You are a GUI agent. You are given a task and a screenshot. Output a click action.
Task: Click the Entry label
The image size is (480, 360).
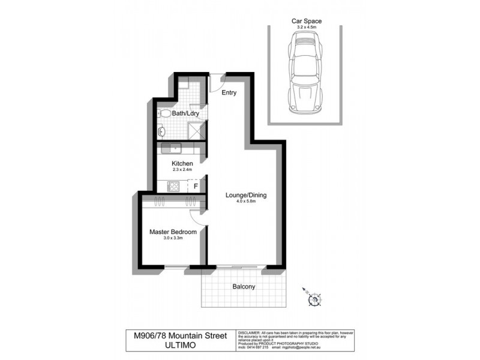click(229, 93)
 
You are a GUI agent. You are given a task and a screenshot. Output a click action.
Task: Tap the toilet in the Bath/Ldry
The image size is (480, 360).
click(164, 113)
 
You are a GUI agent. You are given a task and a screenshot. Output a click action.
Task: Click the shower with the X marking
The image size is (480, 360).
click(196, 131)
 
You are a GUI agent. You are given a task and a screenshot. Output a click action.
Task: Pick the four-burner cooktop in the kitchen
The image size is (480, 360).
click(173, 187)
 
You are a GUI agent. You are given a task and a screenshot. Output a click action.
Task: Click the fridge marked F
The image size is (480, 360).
click(196, 187)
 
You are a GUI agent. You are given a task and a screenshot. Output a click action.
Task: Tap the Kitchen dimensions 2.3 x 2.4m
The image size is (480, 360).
click(182, 170)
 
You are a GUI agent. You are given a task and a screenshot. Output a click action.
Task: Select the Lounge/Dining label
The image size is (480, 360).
click(245, 195)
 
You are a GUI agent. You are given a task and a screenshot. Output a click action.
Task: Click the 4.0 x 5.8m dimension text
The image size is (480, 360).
click(245, 202)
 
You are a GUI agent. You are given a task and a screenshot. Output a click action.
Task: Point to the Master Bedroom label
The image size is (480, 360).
click(173, 232)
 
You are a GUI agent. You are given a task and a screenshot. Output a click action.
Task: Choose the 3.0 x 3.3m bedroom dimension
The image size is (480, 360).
click(173, 238)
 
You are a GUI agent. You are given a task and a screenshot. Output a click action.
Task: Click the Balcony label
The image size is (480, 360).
click(244, 287)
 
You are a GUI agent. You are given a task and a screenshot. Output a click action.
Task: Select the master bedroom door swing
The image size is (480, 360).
click(197, 219)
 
